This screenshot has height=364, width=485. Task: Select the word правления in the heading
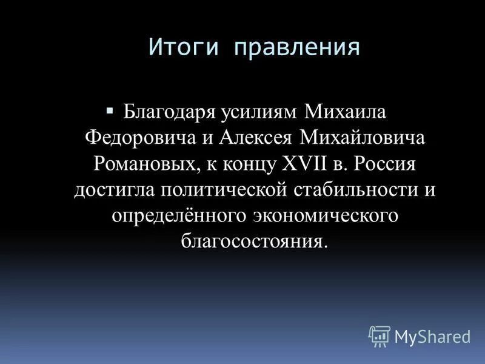coord(296,48)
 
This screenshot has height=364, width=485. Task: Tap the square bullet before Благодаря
coord(109,111)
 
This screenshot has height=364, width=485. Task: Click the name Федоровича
coord(136,137)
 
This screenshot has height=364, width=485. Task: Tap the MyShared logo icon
coord(379,335)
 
